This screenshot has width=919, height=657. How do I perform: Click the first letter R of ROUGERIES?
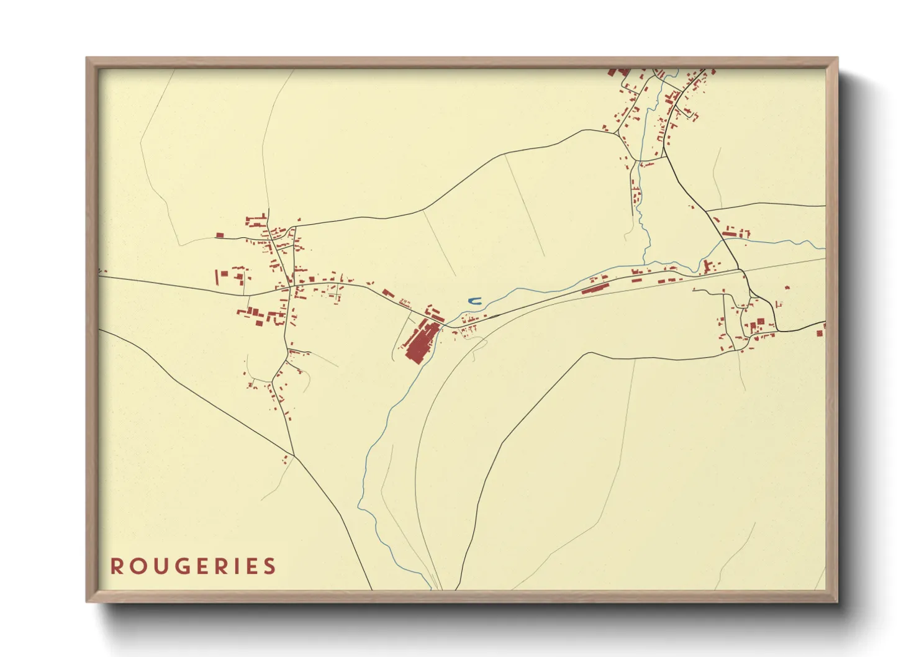[x=116, y=566]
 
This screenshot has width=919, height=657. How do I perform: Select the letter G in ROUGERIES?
[x=179, y=566]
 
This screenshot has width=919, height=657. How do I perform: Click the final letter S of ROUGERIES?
[x=269, y=566]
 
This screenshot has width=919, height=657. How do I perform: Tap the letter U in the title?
[x=158, y=566]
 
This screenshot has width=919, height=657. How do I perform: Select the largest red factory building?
[x=420, y=342]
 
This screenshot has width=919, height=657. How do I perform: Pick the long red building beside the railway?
[x=594, y=289]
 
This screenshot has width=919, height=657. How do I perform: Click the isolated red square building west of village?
[x=219, y=235]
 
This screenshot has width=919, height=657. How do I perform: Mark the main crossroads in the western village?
[x=289, y=288]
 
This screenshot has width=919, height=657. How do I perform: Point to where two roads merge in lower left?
[x=294, y=457]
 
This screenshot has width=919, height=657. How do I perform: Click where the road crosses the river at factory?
[x=442, y=327]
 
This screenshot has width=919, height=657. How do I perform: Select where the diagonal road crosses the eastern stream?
[x=723, y=240]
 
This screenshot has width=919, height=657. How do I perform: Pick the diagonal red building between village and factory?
[x=388, y=293]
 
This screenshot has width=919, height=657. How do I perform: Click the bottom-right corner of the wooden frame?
[x=837, y=601]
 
